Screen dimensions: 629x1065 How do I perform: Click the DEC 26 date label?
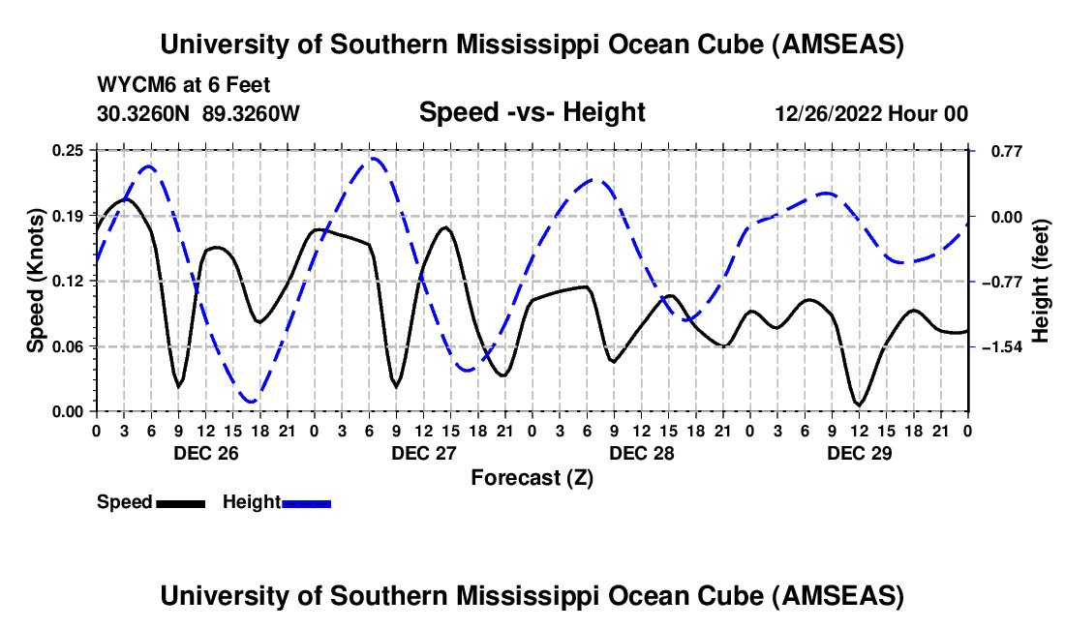point(204,452)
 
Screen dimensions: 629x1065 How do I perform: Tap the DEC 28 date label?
point(641,452)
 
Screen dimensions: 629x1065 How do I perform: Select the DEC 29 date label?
point(859,452)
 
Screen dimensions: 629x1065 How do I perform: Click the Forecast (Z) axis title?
point(532,477)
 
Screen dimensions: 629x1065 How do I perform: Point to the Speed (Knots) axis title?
point(35,280)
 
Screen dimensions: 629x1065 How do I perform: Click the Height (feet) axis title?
point(1041,281)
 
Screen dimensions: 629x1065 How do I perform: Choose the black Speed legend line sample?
point(180,503)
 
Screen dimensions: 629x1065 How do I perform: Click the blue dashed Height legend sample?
point(307,503)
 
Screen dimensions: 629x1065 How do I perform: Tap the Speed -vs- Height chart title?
point(532,112)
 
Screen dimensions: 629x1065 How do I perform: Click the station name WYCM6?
point(131,85)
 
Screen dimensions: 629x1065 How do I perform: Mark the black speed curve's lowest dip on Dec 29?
point(859,404)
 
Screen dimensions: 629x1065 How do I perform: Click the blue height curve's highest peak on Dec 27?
point(372,158)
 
